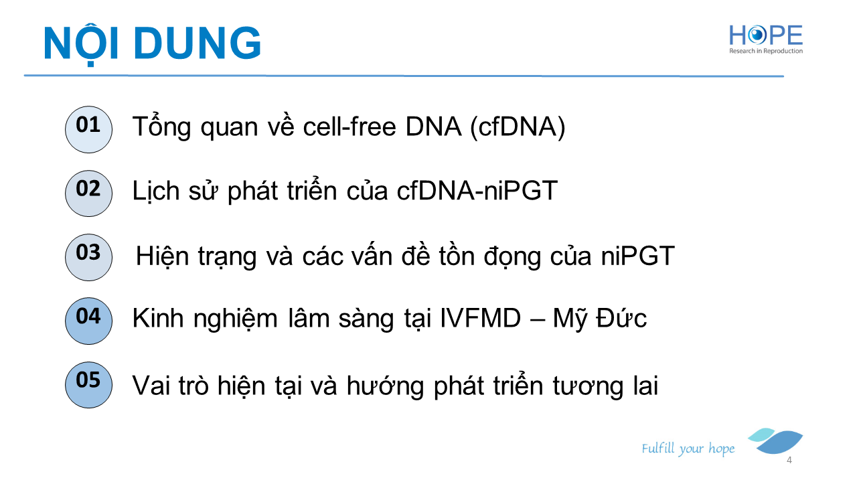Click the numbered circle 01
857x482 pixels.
[x=88, y=129]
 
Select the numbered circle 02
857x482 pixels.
[x=88, y=193]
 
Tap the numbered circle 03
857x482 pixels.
[x=88, y=257]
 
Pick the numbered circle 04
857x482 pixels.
[x=88, y=321]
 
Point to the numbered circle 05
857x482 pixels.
[x=88, y=385]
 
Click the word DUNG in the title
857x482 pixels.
[x=198, y=44]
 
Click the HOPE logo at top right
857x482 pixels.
[x=765, y=39]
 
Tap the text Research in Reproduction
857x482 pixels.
[x=765, y=51]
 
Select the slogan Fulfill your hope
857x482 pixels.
[x=688, y=449]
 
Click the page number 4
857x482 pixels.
[x=789, y=460]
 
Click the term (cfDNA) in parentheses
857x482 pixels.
[x=518, y=127]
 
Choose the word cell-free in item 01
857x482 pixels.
[x=349, y=127]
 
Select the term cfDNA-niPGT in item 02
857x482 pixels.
[x=477, y=191]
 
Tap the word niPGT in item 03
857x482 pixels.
[x=638, y=256]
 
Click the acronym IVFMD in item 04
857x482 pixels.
[x=480, y=318]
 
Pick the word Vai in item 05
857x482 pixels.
[x=151, y=385]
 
